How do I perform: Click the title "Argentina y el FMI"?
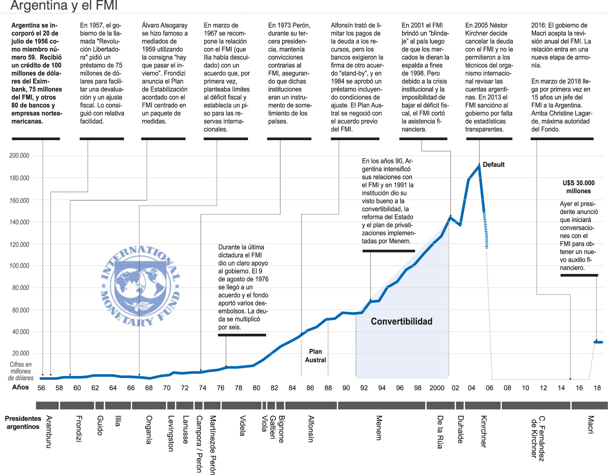64,5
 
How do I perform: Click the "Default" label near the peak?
493,165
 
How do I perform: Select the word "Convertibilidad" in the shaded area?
401,321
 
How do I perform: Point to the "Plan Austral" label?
315,356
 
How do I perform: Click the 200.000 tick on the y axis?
19,156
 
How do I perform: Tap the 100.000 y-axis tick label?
19,266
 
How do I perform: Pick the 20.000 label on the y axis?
21,353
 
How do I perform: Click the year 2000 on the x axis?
437,388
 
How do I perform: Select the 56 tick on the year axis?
41,388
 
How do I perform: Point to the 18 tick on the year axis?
597,388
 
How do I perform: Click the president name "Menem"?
379,428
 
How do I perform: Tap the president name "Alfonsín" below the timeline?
311,429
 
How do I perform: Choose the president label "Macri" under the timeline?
590,425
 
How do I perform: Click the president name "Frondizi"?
79,429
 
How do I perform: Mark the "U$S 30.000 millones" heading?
578,187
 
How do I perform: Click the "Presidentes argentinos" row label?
23,422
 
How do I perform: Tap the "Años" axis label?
21,387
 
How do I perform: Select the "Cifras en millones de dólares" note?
21,371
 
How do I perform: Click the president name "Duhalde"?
460,430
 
